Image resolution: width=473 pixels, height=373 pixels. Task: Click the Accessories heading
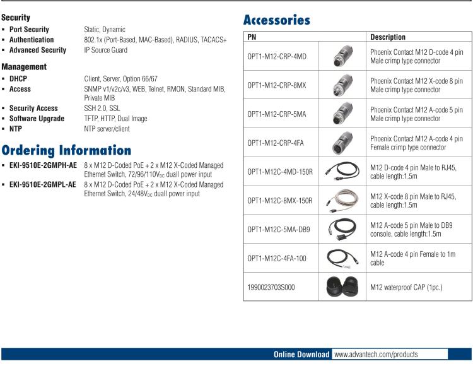pyautogui.click(x=277, y=20)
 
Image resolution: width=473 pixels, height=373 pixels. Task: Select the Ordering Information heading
pyautogui.click(x=66, y=150)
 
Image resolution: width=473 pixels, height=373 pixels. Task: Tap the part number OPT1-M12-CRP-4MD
pyautogui.click(x=277, y=56)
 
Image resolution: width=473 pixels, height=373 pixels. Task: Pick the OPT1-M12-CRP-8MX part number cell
pyautogui.click(x=277, y=85)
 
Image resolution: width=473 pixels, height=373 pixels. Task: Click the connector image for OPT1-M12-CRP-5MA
pyautogui.click(x=342, y=114)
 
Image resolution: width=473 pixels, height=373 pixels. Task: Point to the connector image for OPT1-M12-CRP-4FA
pyautogui.click(x=342, y=143)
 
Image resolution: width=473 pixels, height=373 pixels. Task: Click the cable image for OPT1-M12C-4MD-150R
pyautogui.click(x=342, y=172)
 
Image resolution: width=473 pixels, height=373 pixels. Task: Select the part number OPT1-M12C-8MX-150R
pyautogui.click(x=280, y=201)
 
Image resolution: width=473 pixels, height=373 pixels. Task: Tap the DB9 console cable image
pyautogui.click(x=342, y=229)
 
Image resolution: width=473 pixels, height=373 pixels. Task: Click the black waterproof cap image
pyautogui.click(x=342, y=287)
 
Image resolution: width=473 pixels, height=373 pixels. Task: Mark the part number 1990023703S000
pyautogui.click(x=271, y=287)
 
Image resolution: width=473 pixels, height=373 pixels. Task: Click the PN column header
pyautogui.click(x=252, y=37)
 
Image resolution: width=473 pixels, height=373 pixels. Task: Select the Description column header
pyautogui.click(x=388, y=37)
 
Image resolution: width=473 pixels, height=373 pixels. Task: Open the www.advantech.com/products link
pyautogui.click(x=376, y=355)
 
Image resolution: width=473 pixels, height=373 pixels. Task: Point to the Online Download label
pyautogui.click(x=301, y=355)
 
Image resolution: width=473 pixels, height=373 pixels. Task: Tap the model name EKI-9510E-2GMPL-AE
pyautogui.click(x=43, y=185)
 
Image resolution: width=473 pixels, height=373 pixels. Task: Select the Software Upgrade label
pyautogui.click(x=37, y=119)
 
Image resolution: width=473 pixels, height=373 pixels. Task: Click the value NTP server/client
pyautogui.click(x=107, y=129)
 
